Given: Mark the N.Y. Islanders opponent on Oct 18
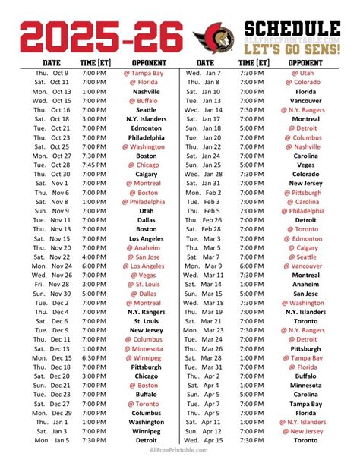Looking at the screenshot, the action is (147, 119).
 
